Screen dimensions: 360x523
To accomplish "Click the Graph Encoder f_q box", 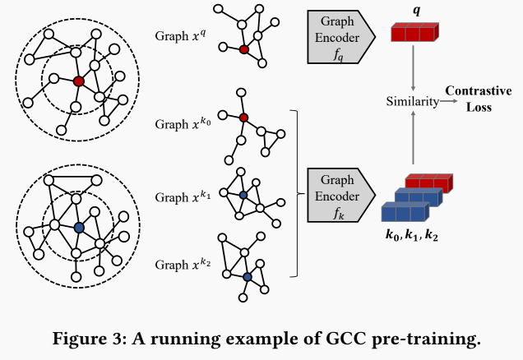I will coord(334,36).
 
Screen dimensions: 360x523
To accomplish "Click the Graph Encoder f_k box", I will coord(334,194).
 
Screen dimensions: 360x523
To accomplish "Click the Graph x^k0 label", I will coord(183,126).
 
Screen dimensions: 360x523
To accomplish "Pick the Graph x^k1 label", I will coord(183,196).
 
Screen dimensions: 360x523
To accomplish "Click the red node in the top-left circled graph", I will coord(78,81).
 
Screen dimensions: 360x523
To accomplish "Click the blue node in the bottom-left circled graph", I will coord(78,227).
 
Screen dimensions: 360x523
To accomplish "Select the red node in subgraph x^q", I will coord(244,49).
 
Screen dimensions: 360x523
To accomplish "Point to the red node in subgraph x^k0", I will coord(243,118).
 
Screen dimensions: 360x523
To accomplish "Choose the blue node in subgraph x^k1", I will coord(243,195).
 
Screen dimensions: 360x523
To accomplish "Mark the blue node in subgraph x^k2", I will coord(247,278).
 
